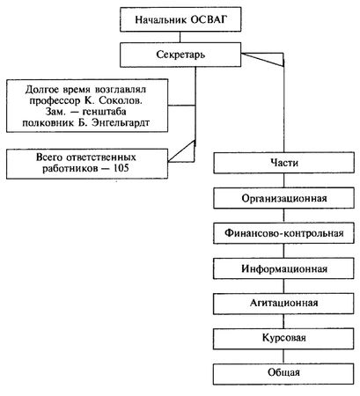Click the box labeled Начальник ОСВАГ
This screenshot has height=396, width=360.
click(180, 19)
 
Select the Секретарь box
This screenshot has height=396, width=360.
click(180, 55)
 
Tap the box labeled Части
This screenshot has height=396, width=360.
click(283, 163)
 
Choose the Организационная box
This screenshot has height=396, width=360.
click(283, 198)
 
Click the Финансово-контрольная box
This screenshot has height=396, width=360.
click(283, 233)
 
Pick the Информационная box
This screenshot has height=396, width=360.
click(283, 268)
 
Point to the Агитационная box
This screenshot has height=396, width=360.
click(283, 304)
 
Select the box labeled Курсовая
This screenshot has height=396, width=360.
click(283, 339)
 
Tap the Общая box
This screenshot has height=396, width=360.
click(283, 373)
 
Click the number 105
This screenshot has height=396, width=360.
click(121, 168)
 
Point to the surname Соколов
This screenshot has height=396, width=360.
click(121, 101)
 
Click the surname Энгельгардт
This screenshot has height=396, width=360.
click(121, 122)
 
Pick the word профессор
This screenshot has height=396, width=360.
click(55, 101)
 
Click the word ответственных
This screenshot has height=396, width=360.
click(101, 158)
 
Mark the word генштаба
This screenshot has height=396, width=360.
click(105, 112)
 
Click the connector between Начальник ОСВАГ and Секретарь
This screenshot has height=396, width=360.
click(180, 37)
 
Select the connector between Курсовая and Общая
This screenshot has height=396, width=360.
click(283, 356)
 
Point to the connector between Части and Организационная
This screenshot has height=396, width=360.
click(283, 180)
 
